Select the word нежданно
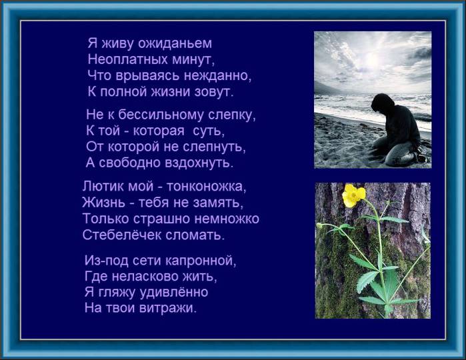tap(217, 75)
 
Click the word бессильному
tap(161, 115)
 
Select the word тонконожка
tap(206, 187)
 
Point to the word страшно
tap(162, 219)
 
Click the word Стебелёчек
tap(122, 235)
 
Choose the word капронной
tap(200, 261)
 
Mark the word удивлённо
tap(174, 292)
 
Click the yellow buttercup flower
tap(353, 195)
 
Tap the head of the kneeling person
tap(383, 103)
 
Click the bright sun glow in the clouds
tap(376, 59)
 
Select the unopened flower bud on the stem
tap(319, 225)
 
